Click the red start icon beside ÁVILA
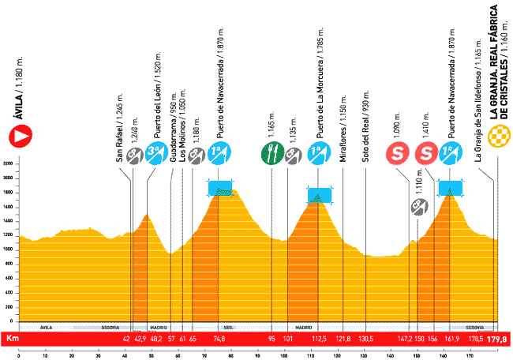[x=21, y=137]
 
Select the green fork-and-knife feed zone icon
[x=271, y=152]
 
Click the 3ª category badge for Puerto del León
[x=155, y=152]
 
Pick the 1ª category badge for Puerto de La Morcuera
[x=318, y=152]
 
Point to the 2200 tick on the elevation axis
[x=8, y=163]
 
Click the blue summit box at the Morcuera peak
[x=318, y=195]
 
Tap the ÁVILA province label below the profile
[x=46, y=326]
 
